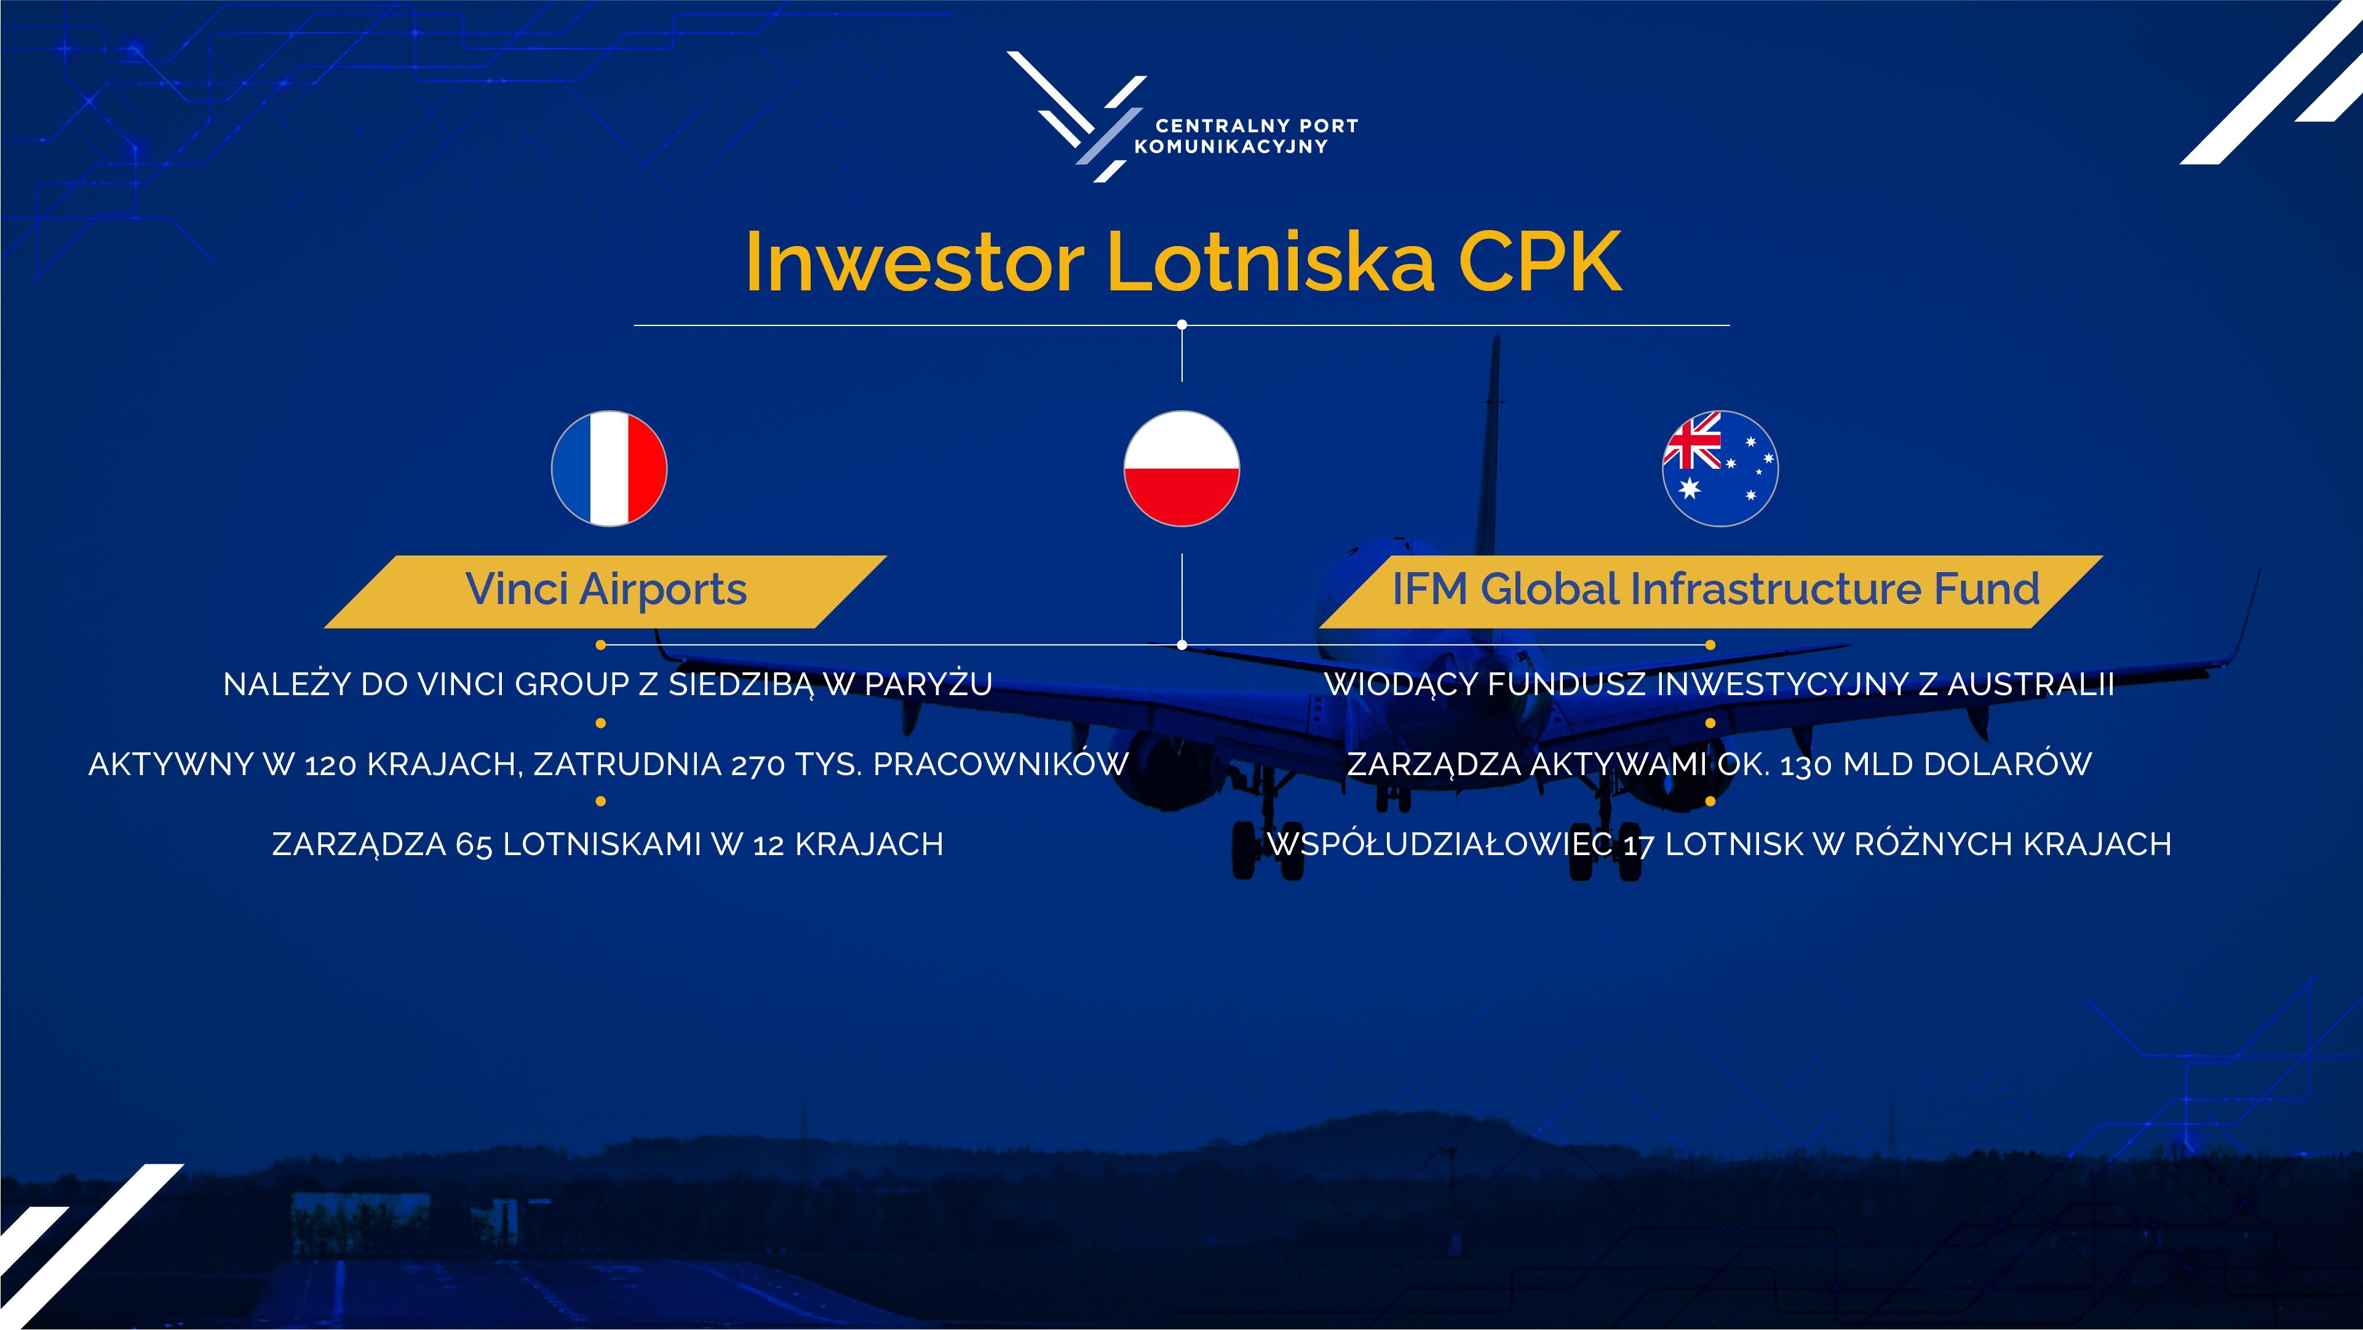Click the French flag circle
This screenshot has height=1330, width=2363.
pos(609,469)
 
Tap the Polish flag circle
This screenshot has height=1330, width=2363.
pos(1181,469)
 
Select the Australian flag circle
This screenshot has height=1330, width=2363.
pos(1720,469)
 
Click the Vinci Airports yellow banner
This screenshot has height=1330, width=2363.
pos(605,592)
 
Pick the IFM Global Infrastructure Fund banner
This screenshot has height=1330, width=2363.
pos(1712,592)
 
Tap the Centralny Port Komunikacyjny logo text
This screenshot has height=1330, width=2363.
pos(1245,136)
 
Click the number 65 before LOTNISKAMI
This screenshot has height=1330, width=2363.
pos(474,845)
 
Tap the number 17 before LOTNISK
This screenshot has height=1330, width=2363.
pos(1638,845)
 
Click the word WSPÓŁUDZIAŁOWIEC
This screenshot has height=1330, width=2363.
pos(1440,844)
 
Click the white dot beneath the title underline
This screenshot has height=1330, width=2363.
pos(1181,325)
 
